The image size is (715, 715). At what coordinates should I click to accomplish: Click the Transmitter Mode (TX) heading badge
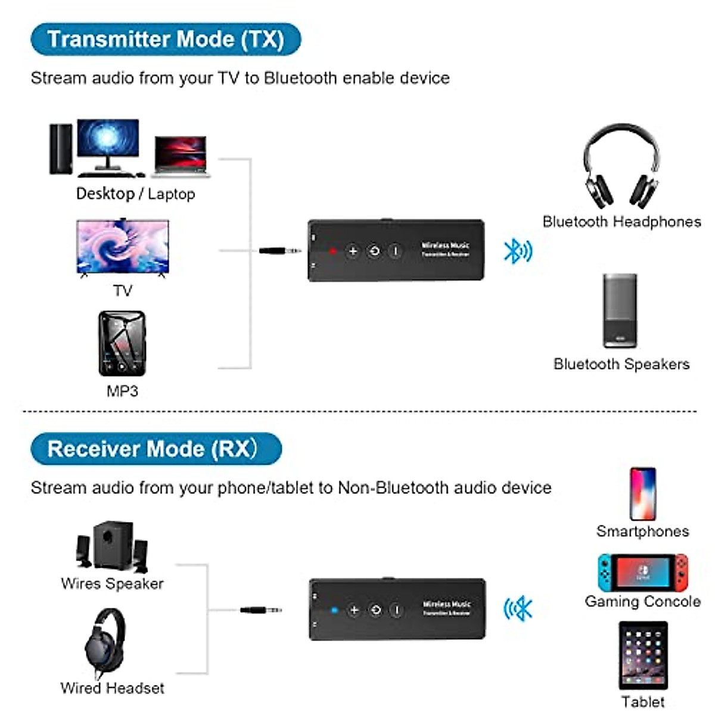166,39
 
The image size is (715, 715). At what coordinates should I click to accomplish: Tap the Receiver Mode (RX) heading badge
156,449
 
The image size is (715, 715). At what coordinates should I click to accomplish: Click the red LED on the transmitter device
333,251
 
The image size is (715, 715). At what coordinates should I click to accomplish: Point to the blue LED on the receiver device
334,610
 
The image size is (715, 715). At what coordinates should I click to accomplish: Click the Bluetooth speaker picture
620,310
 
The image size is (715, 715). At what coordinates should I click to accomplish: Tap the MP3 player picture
122,343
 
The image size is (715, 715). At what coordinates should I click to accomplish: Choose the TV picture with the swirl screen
123,247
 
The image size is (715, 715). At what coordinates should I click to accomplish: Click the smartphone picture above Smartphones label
642,494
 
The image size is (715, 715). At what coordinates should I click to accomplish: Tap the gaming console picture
643,573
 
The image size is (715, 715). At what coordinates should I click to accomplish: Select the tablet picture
643,655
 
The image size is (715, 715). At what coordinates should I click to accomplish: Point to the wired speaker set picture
112,547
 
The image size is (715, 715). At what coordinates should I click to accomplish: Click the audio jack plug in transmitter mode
280,251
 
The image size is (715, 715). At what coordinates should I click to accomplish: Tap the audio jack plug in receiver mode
261,610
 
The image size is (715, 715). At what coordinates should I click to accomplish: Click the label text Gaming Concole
642,602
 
